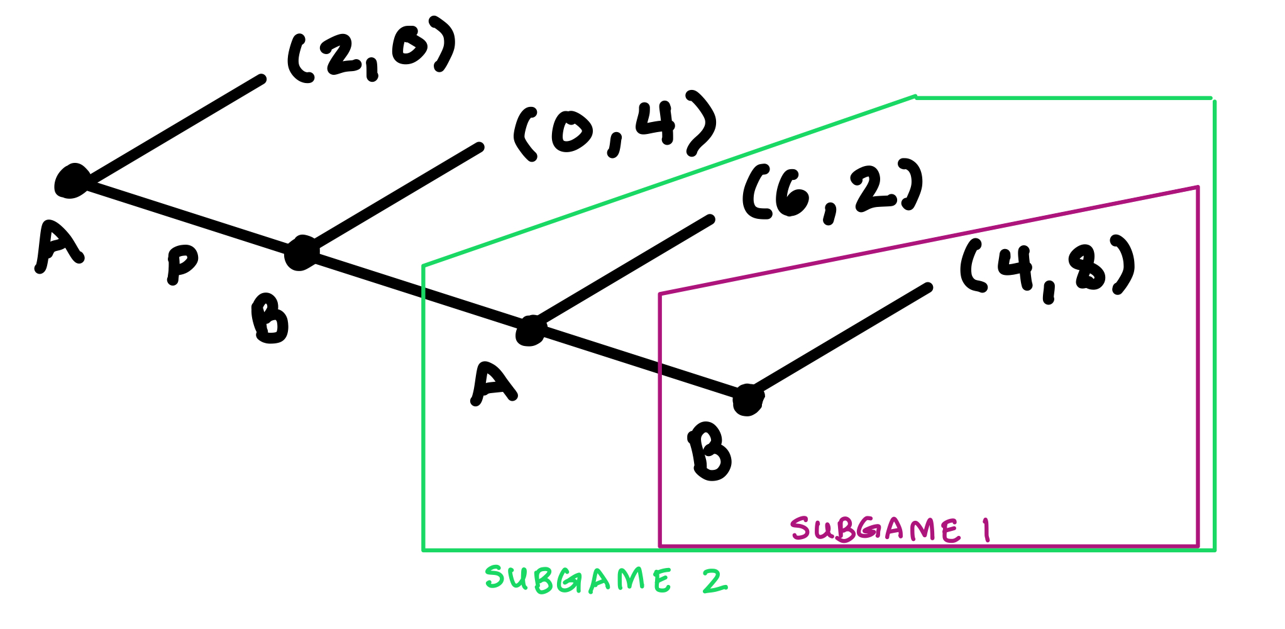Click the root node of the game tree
coord(72,181)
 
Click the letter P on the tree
coord(181,262)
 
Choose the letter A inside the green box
coord(494,384)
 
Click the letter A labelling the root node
coord(58,247)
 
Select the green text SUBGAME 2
coord(605,579)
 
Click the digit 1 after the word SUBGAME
coord(987,530)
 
